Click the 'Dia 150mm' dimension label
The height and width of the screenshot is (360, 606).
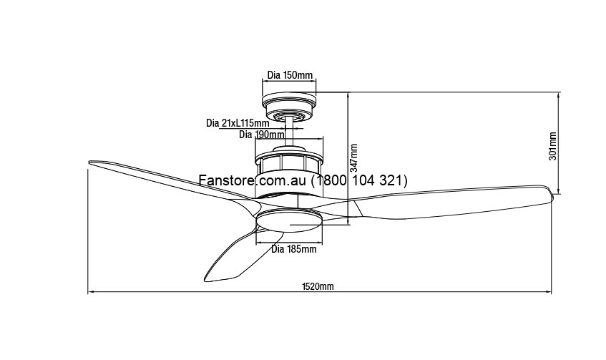tap(290, 75)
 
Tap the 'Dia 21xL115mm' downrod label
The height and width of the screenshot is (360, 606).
tap(238, 123)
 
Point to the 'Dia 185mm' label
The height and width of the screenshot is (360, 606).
tap(294, 249)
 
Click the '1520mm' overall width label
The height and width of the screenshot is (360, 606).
tap(318, 286)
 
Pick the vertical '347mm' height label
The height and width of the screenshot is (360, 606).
tap(353, 158)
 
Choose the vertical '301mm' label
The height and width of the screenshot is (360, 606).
tap(552, 146)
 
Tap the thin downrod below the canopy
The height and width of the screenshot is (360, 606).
tap(289, 132)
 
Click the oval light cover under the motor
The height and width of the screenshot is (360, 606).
tap(289, 220)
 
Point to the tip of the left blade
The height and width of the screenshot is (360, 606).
tap(89, 162)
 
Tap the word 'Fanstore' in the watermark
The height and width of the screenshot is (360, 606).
tap(227, 180)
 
